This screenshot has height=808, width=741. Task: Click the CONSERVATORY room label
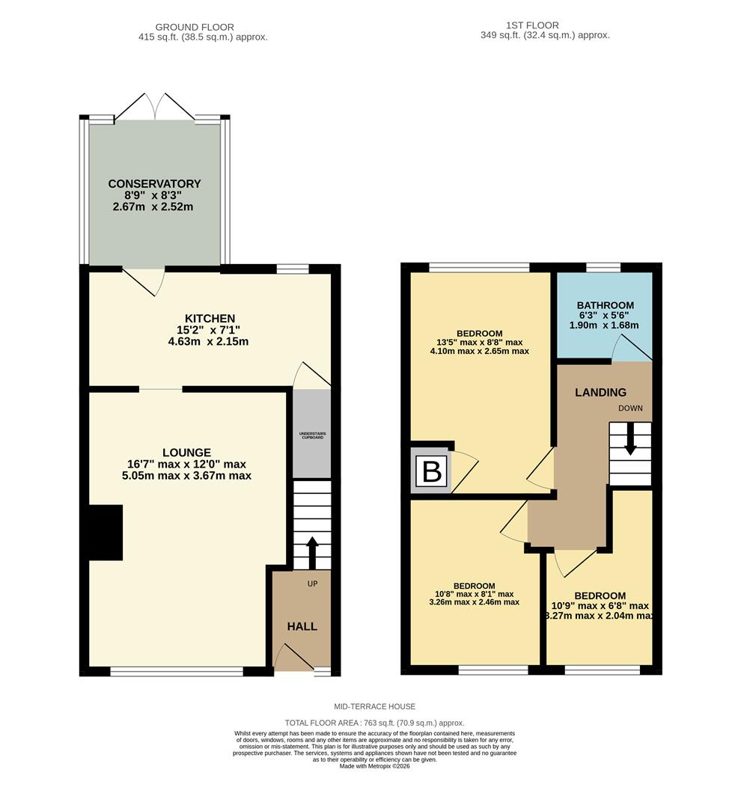pyautogui.click(x=154, y=183)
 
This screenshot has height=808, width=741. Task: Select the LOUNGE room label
pyautogui.click(x=186, y=452)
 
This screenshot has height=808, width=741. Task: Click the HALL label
pyautogui.click(x=302, y=626)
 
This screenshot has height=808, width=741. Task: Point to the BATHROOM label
pyautogui.click(x=605, y=305)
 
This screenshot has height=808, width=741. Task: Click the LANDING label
pyautogui.click(x=600, y=392)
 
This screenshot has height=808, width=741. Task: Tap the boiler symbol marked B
pyautogui.click(x=433, y=472)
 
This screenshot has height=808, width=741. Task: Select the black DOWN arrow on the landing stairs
pyautogui.click(x=630, y=438)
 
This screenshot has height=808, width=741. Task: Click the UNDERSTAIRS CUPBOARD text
pyautogui.click(x=312, y=435)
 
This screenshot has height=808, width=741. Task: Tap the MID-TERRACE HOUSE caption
pyautogui.click(x=375, y=706)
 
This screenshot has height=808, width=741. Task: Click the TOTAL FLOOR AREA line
pyautogui.click(x=375, y=723)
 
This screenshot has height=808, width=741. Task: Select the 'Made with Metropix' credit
pyautogui.click(x=375, y=765)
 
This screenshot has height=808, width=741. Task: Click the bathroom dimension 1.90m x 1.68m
pyautogui.click(x=605, y=325)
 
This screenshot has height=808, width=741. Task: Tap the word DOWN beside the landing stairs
pyautogui.click(x=629, y=408)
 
